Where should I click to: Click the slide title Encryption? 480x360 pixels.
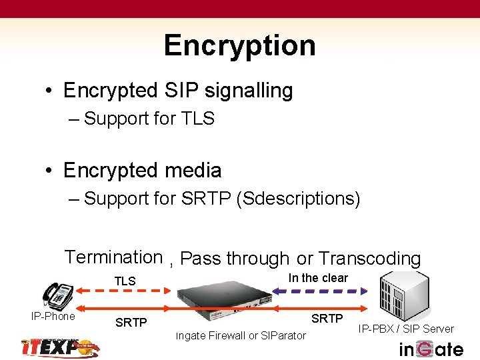tap(239, 45)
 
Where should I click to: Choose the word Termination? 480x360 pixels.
tap(113, 257)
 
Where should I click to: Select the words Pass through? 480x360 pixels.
tap(235, 259)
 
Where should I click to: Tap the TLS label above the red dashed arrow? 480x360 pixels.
tap(125, 281)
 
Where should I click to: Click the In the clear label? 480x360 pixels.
tap(318, 278)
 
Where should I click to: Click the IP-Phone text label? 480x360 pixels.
tap(53, 316)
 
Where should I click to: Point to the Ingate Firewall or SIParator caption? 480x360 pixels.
tap(241, 335)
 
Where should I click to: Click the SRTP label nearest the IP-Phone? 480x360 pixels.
tap(131, 323)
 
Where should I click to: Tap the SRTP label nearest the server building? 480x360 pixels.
tap(327, 319)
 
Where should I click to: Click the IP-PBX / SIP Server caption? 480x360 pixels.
tap(405, 329)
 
